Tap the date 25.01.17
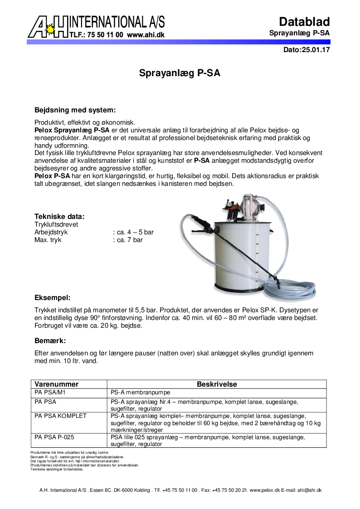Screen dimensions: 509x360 click(314, 50)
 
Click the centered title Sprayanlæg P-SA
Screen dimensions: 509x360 click(180, 73)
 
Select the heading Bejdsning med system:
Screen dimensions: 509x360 click(75, 110)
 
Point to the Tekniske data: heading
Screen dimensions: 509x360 click(59, 217)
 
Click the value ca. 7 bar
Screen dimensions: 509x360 click(128, 240)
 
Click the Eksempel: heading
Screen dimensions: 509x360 click(53, 298)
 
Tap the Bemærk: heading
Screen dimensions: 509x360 click(50, 340)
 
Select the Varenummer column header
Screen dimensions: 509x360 click(57, 384)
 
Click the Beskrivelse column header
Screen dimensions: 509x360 click(217, 384)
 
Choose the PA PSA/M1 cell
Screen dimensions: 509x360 click(50, 393)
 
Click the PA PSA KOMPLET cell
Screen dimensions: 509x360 click(60, 416)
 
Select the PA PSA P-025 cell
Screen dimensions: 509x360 click(54, 437)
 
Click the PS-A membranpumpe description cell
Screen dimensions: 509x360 click(141, 393)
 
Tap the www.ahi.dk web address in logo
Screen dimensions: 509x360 click(146, 34)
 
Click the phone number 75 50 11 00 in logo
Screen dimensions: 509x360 click(105, 34)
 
